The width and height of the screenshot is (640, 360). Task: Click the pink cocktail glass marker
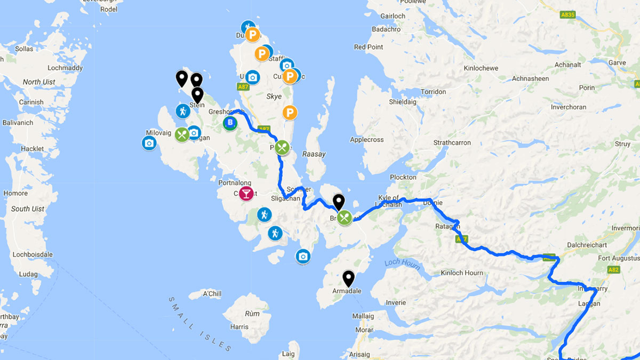[246, 194]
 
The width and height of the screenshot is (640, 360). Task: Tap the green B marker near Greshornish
[230, 124]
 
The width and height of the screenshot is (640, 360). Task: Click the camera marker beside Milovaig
[149, 143]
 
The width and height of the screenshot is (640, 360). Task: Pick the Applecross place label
[366, 140]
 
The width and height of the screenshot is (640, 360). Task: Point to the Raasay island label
[314, 154]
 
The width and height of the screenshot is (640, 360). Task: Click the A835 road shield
[568, 14]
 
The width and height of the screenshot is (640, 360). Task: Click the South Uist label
[28, 209]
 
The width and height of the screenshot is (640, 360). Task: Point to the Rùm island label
[252, 314]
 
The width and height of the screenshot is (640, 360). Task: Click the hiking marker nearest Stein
[183, 111]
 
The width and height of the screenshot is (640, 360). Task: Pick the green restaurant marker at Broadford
[345, 218]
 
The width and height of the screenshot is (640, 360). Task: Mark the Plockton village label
[403, 177]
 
